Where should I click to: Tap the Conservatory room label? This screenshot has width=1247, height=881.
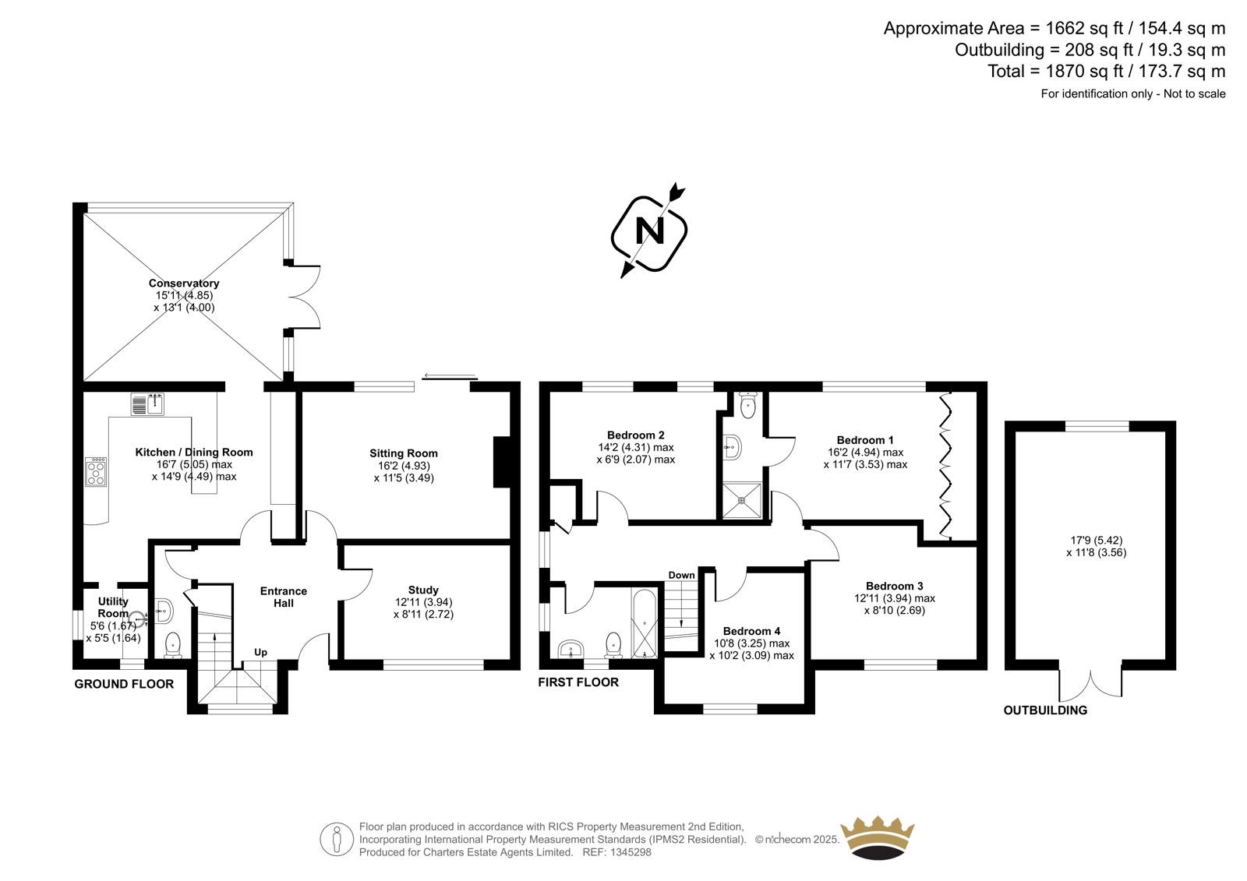[x=184, y=284]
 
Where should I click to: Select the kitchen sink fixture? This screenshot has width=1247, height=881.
[x=147, y=404]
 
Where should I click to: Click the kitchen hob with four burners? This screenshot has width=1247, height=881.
[x=96, y=472]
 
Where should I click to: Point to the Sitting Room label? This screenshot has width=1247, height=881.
[x=404, y=453]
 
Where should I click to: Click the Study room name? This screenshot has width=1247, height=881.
[x=423, y=590]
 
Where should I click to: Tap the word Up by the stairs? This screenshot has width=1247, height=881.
[x=260, y=652]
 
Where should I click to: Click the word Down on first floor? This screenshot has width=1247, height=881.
[x=681, y=575]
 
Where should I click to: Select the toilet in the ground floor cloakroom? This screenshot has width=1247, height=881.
[x=172, y=645]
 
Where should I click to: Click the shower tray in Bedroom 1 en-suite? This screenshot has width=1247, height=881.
[x=741, y=500]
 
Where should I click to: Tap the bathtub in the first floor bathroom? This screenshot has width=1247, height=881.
[x=645, y=623]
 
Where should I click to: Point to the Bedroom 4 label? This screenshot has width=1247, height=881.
[x=751, y=631]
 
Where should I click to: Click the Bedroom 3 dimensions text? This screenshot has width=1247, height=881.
[x=895, y=604]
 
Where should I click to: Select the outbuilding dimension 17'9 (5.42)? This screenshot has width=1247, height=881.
[x=1097, y=540]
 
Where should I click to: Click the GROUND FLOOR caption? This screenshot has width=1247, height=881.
[x=124, y=684]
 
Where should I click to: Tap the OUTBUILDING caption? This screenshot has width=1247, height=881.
[x=1045, y=710]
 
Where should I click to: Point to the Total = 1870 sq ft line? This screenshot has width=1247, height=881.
[x=1107, y=71]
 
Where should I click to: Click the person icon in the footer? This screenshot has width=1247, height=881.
[x=337, y=839]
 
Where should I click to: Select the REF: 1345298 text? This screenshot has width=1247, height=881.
[x=616, y=852]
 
